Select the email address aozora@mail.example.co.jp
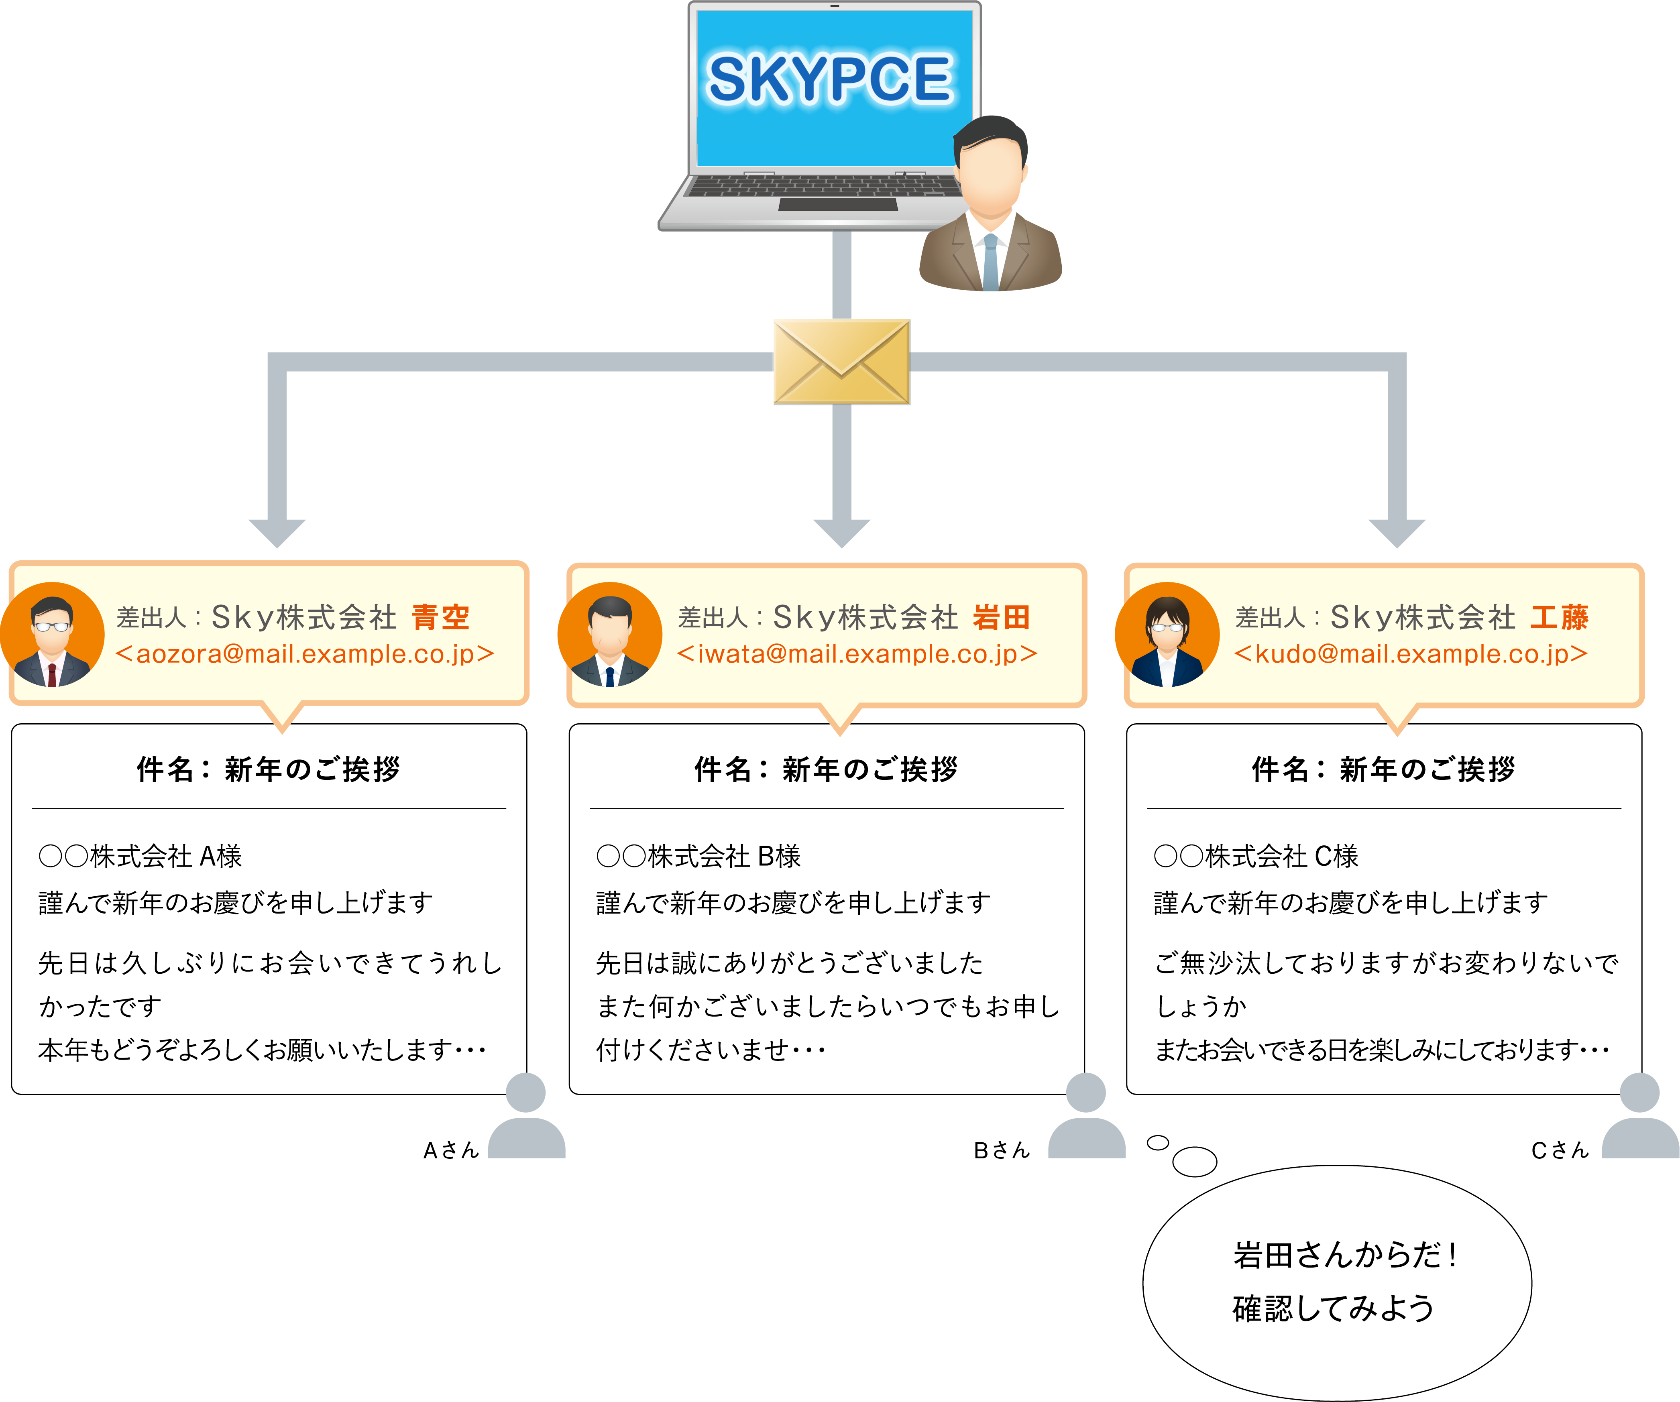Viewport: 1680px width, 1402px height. click(x=305, y=654)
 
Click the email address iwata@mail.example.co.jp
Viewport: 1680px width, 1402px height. click(x=857, y=654)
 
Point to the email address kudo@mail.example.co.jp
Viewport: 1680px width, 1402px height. click(x=1410, y=654)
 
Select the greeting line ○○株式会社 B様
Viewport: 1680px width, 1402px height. click(x=698, y=857)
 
